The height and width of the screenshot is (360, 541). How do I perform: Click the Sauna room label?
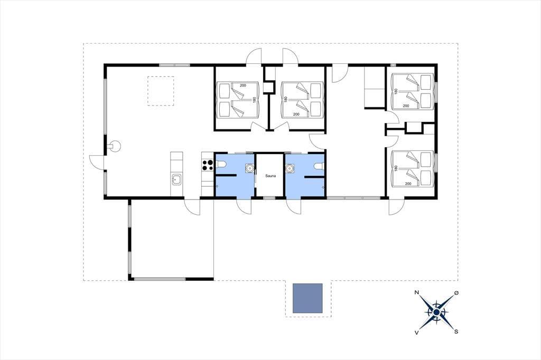(x=270, y=176)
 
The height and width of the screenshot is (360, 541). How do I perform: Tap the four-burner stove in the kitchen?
(x=207, y=165)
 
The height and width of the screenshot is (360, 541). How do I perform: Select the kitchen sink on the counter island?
(x=177, y=179)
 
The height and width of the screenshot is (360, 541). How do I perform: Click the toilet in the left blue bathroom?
(x=221, y=164)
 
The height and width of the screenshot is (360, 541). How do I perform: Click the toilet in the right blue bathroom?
(x=320, y=167)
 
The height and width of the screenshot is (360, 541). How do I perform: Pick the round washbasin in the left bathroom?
(x=249, y=168)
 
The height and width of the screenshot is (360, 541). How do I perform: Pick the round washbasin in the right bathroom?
(x=290, y=168)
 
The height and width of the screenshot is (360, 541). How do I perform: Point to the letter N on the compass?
(x=417, y=293)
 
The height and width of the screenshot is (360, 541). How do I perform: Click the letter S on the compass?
(x=456, y=331)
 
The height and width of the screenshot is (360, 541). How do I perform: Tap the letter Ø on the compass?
(x=457, y=293)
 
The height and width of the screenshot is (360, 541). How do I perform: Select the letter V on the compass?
(x=416, y=333)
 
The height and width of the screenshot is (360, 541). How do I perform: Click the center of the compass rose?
(x=436, y=312)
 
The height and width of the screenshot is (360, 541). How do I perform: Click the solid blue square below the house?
(x=307, y=298)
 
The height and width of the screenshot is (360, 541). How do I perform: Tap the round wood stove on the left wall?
(x=115, y=146)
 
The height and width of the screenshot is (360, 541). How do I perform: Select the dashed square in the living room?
(x=161, y=91)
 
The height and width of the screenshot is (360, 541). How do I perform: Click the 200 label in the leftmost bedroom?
(x=243, y=85)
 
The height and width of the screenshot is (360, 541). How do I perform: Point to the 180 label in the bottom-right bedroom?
(x=396, y=168)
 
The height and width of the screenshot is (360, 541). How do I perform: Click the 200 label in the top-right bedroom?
(x=406, y=106)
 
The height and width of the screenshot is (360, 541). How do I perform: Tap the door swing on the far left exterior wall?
(x=97, y=162)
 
